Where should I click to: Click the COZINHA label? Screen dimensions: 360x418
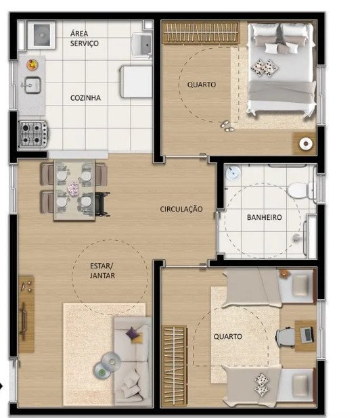click(x=85, y=98)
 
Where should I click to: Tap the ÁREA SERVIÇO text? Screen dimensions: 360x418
click(x=85, y=39)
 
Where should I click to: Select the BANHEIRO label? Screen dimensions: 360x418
click(x=265, y=217)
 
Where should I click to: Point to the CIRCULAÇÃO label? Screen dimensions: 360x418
click(x=181, y=209)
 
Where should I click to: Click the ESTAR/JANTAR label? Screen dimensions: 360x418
click(x=102, y=271)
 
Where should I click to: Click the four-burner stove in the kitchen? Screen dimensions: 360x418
click(x=32, y=134)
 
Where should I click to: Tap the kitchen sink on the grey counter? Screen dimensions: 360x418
click(x=32, y=85)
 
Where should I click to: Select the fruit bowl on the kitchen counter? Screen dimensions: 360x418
click(x=32, y=65)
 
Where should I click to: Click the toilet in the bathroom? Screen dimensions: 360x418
click(x=301, y=190)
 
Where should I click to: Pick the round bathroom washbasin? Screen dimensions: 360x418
click(x=233, y=172)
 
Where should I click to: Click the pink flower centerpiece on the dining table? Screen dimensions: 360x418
click(x=74, y=189)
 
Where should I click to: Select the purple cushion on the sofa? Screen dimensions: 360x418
click(x=132, y=333)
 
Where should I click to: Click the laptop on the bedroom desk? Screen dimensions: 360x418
click(x=307, y=335)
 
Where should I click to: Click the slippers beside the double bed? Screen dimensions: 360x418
click(x=227, y=126)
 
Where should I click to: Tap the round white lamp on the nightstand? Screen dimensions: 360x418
click(x=306, y=143)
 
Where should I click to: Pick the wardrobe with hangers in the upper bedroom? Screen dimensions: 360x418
click(x=200, y=32)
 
